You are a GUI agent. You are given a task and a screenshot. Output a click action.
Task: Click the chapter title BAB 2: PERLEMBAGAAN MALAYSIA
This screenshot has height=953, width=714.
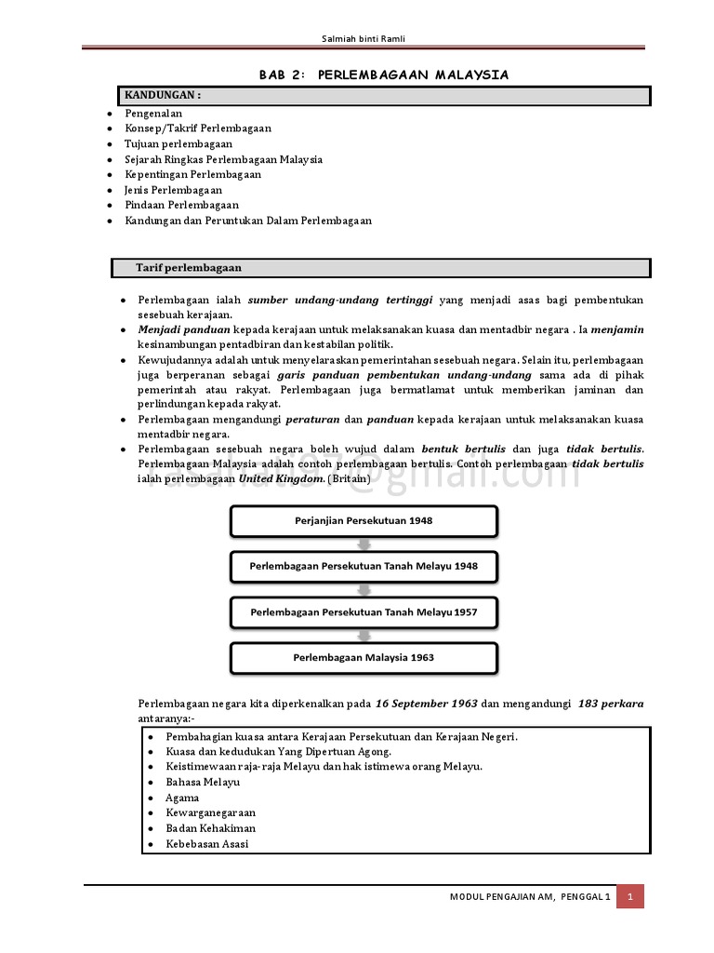383,75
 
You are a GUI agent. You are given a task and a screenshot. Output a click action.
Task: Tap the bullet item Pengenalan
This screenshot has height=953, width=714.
153,114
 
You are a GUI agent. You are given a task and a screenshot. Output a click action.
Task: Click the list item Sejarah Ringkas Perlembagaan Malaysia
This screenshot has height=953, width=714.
223,159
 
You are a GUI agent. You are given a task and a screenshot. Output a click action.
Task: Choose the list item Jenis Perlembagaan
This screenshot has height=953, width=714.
173,190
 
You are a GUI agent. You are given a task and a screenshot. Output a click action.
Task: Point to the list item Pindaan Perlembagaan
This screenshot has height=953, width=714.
181,205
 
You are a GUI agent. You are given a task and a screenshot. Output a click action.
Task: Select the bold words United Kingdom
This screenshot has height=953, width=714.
281,478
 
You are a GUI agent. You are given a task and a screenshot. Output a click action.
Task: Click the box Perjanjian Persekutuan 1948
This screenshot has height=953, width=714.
364,521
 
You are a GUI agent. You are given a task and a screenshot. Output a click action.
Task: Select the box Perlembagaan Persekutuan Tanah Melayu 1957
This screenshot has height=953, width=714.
364,612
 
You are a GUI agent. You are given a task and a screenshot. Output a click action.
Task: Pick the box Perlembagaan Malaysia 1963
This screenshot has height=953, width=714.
364,657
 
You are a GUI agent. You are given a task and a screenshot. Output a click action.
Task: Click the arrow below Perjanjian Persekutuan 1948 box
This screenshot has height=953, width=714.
364,544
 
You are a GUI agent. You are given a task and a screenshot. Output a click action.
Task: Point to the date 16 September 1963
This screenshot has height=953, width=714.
427,704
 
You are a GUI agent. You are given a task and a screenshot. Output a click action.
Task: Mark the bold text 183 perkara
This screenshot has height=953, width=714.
610,704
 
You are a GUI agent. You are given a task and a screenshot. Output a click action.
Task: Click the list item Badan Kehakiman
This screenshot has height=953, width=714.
210,828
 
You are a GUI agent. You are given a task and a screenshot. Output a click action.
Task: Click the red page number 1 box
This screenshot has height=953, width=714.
629,896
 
